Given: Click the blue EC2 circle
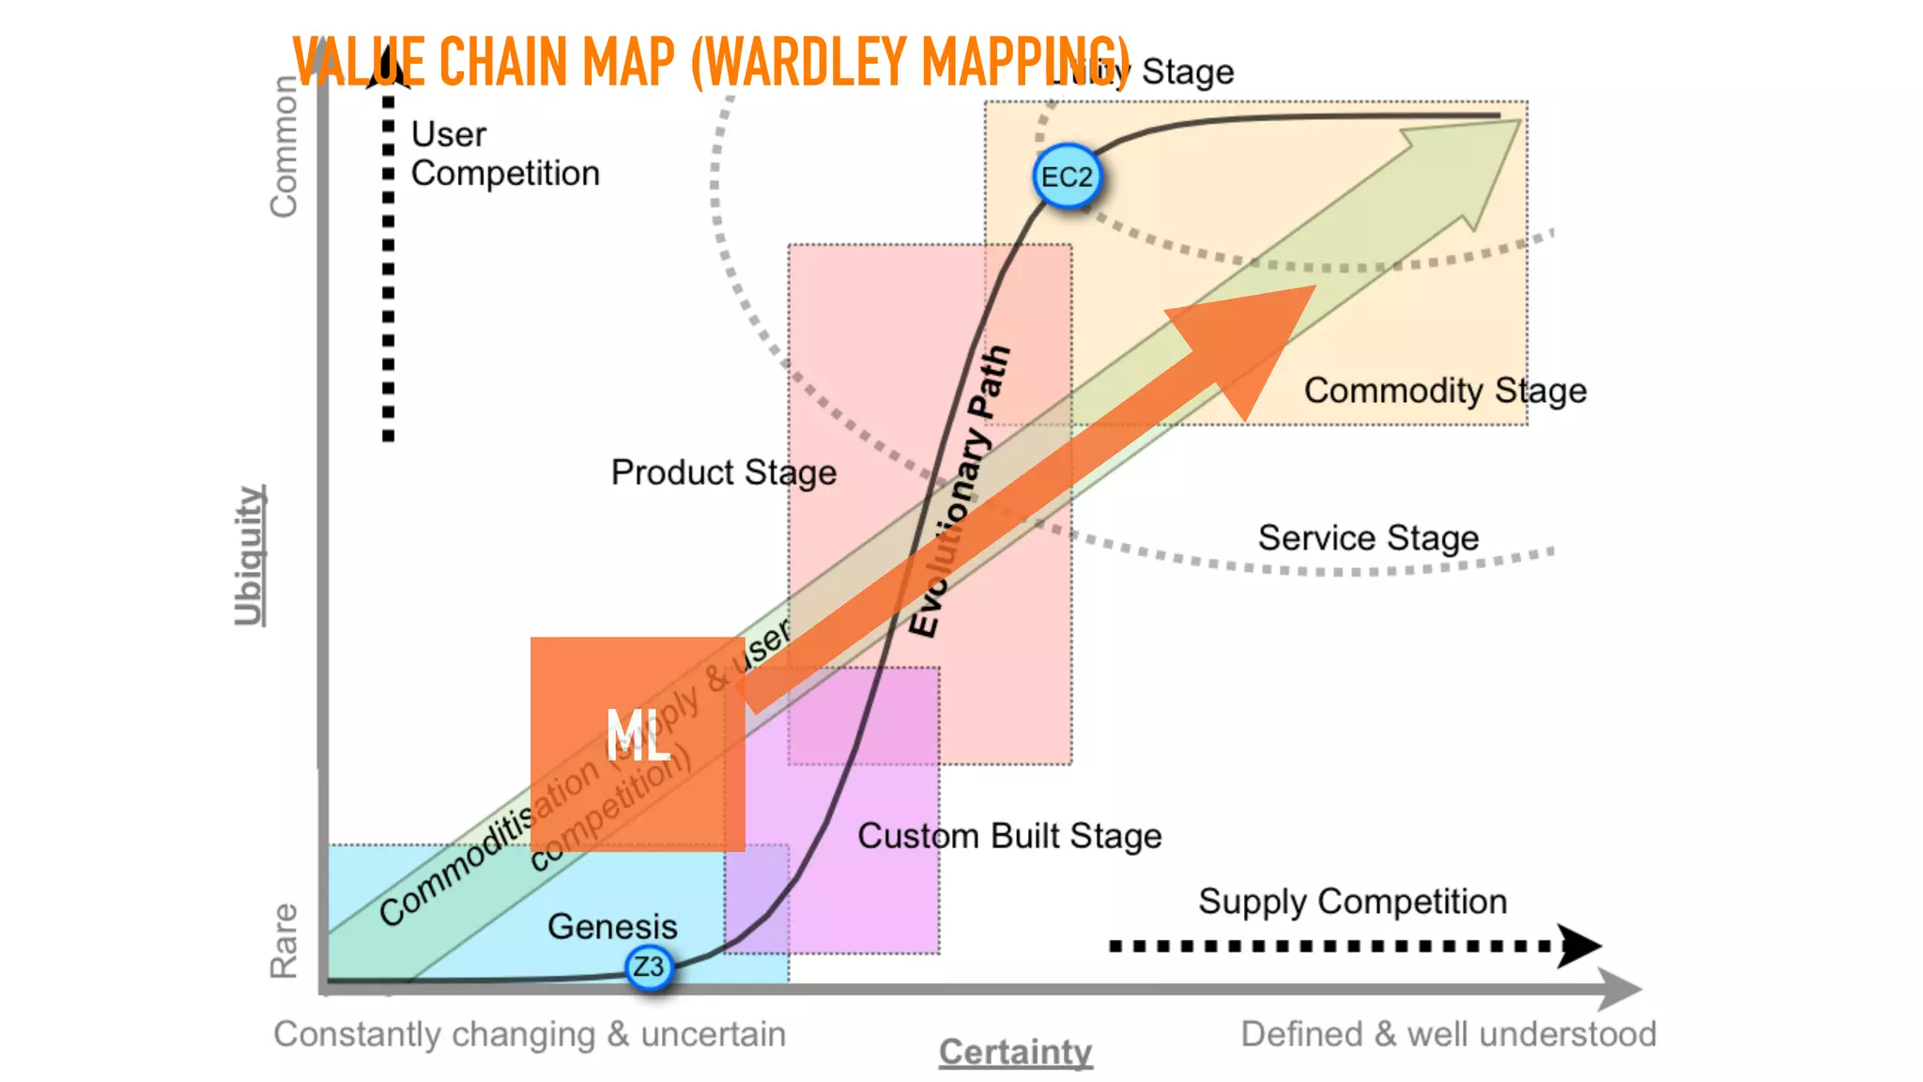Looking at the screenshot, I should [x=1067, y=177].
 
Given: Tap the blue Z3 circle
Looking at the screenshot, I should [x=649, y=966].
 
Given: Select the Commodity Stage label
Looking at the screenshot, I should [x=1445, y=390].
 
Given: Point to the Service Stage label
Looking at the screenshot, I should [x=1368, y=538].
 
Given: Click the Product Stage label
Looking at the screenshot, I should [x=723, y=472].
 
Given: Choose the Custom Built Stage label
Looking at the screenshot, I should [x=1009, y=836].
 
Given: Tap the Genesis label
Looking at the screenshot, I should [x=612, y=927].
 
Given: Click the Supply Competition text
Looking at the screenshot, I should [x=1352, y=902].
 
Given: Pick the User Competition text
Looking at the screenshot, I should [x=504, y=154].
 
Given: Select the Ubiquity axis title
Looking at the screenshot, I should [x=250, y=555].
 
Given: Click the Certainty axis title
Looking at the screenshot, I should [x=1015, y=1052].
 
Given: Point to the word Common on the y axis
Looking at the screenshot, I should [x=284, y=147].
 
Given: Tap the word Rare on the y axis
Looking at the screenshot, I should [x=284, y=940].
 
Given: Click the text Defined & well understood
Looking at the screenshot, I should [x=1448, y=1034].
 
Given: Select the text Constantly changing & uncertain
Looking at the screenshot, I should [x=530, y=1034].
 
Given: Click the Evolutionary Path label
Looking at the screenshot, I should [x=960, y=492].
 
